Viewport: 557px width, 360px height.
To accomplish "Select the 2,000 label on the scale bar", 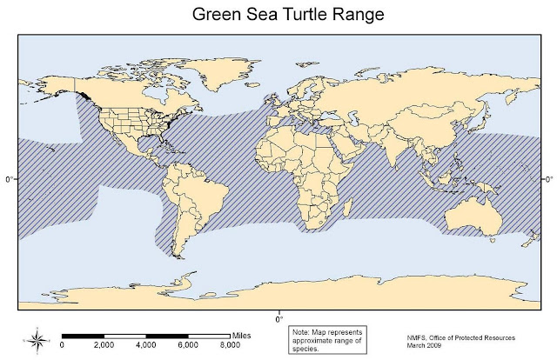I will tap(104, 346).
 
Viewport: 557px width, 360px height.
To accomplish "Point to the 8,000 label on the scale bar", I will tap(229, 346).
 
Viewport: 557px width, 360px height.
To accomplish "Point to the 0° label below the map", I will tap(279, 317).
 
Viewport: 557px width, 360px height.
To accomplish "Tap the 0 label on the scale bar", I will tap(63, 346).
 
